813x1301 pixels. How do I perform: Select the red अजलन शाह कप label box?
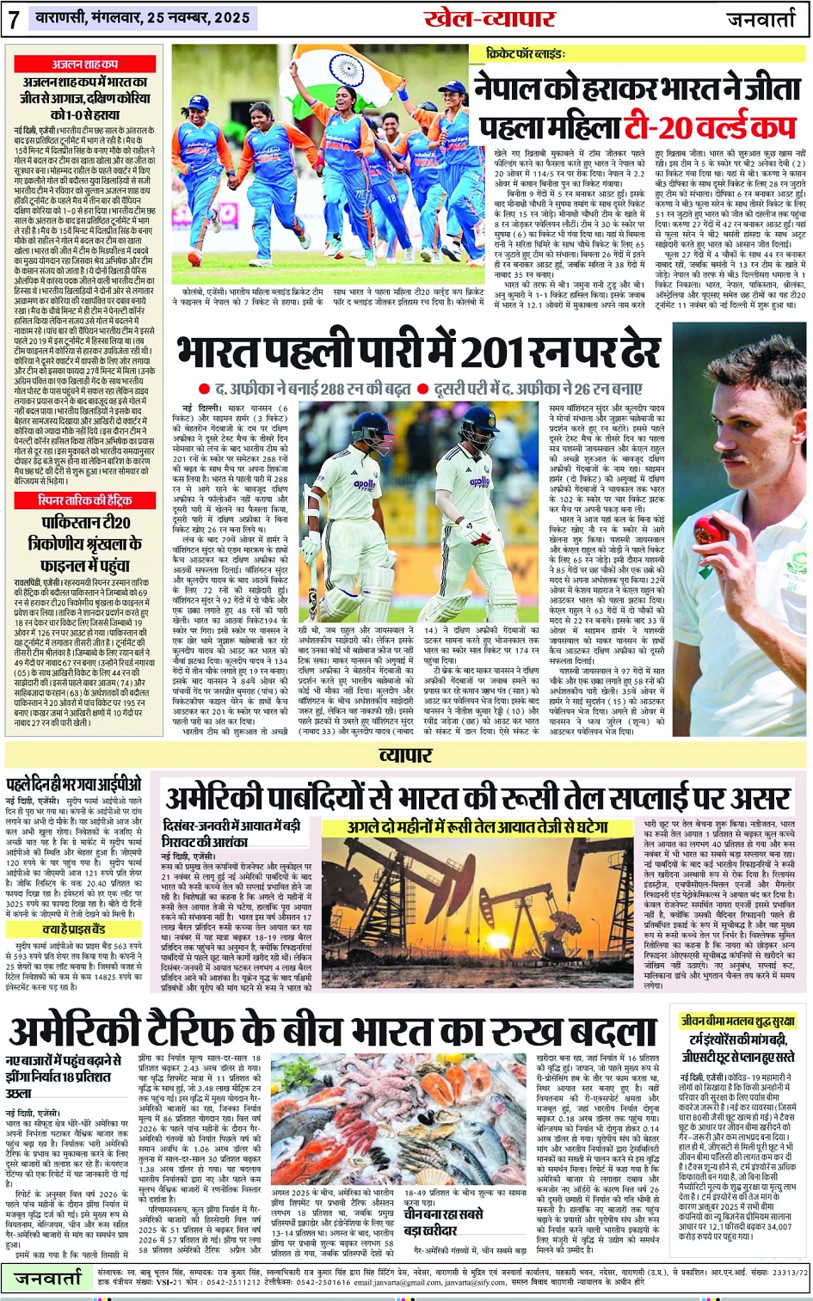(x=85, y=64)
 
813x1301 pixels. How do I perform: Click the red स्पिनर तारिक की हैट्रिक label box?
(x=84, y=500)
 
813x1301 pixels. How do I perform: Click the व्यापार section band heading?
(x=406, y=754)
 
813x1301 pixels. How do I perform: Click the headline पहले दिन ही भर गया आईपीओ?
(x=74, y=785)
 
